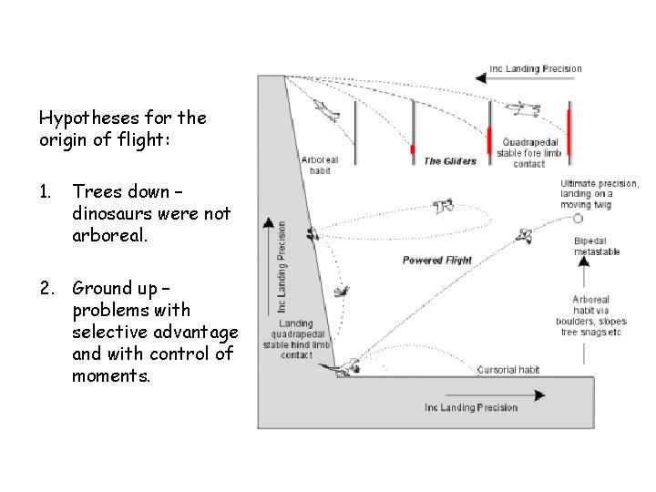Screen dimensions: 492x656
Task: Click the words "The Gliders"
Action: point(450,161)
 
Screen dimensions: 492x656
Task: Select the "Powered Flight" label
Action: point(437,261)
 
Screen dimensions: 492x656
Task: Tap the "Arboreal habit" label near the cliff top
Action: point(319,165)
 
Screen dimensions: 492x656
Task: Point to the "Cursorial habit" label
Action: point(507,370)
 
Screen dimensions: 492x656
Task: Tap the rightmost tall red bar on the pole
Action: point(569,132)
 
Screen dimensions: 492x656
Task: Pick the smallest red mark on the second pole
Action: point(412,149)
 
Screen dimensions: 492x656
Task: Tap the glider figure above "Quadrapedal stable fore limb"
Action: point(521,109)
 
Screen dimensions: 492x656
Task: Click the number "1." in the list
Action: point(46,191)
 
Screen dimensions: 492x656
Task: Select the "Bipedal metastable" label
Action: point(598,246)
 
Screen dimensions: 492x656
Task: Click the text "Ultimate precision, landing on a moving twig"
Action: point(599,194)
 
